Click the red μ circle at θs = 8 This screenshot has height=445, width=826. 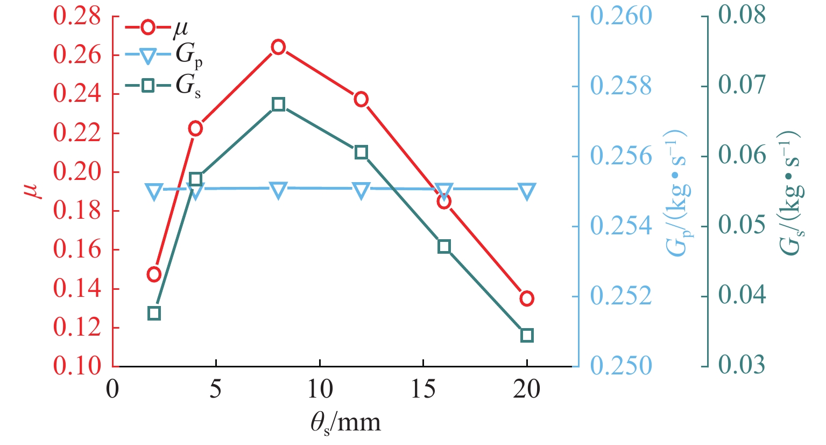pos(278,47)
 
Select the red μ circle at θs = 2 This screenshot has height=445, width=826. pos(154,274)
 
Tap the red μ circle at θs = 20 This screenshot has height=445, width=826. pos(527,298)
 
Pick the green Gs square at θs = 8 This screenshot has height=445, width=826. pos(278,105)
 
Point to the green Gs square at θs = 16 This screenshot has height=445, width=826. pos(444,247)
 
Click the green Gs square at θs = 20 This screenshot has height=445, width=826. pos(527,335)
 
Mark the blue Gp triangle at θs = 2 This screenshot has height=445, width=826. pos(154,191)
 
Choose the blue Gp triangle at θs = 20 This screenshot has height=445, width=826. pos(527,191)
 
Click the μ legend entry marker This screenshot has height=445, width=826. pos(149,27)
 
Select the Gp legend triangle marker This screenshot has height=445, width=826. pos(149,55)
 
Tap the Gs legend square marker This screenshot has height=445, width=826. pos(149,85)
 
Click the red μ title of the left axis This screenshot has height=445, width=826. pos(36,191)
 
